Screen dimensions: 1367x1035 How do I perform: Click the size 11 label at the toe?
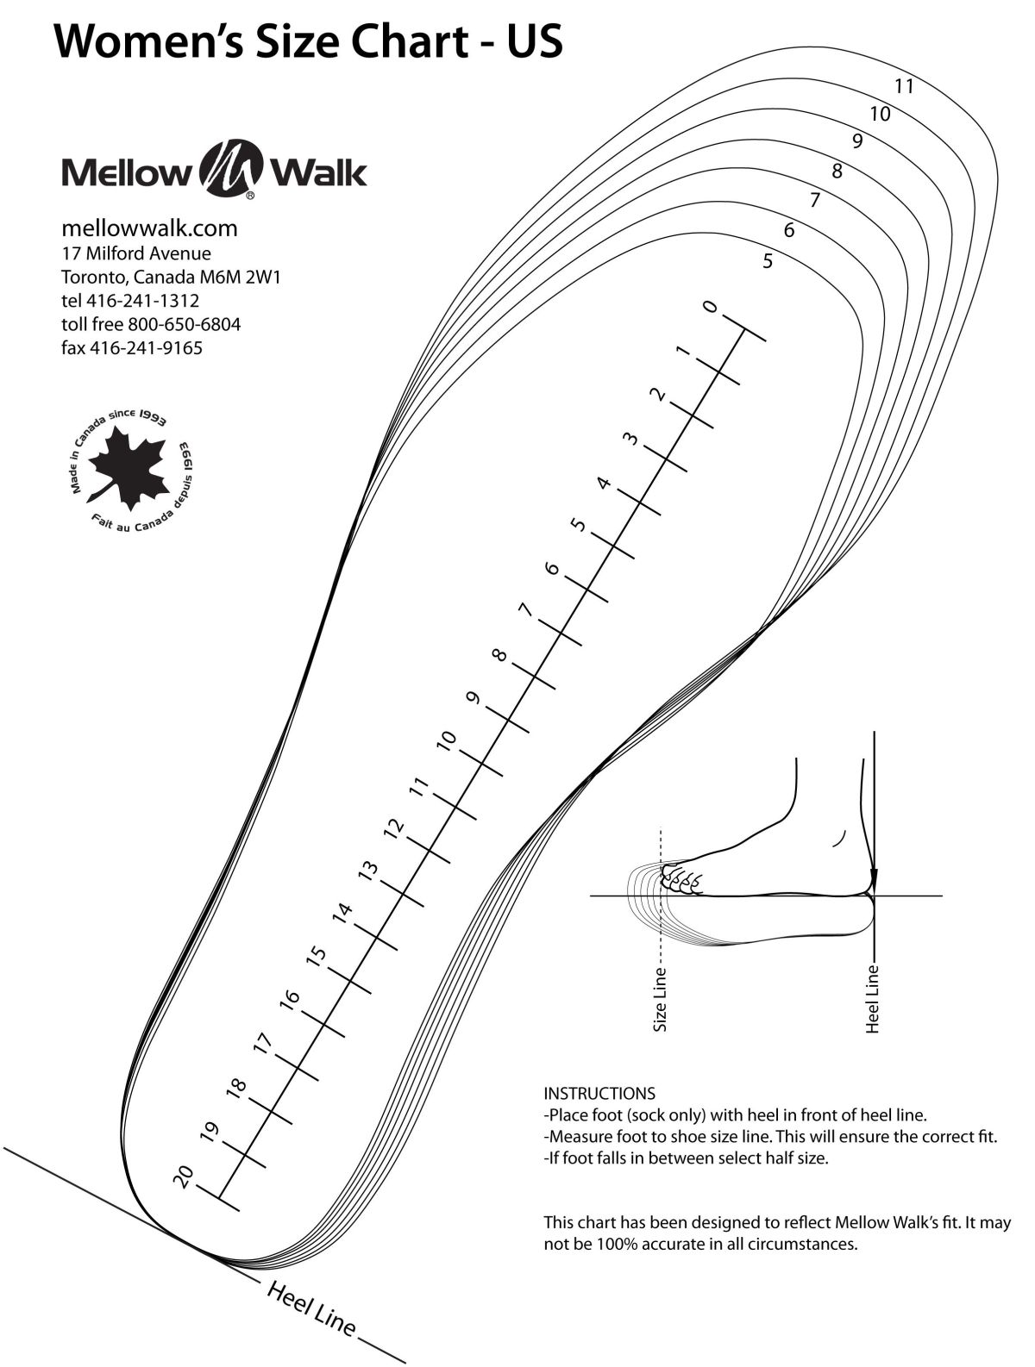[904, 86]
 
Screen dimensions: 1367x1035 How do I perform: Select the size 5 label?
[768, 261]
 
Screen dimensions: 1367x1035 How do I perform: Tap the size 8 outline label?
[836, 172]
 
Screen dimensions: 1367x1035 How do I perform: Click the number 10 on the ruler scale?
[446, 740]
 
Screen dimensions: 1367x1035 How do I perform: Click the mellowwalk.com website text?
[149, 228]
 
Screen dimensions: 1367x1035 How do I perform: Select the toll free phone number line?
[151, 325]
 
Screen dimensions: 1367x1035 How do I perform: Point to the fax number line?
[132, 348]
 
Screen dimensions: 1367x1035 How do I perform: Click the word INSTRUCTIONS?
[599, 1094]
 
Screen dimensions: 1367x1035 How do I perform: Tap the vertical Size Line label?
[661, 1000]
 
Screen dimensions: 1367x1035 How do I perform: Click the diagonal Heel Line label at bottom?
[311, 1310]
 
